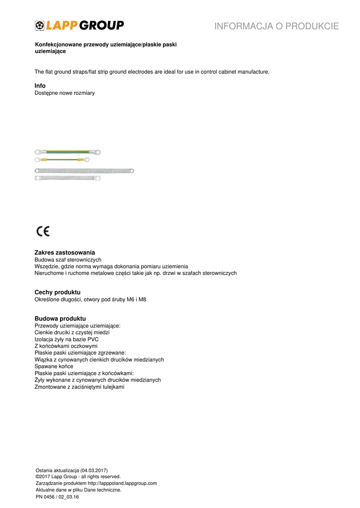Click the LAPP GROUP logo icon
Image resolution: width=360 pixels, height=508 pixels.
point(40,26)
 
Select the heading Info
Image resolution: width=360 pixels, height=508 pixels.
point(40,86)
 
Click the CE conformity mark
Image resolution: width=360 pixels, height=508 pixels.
point(43,231)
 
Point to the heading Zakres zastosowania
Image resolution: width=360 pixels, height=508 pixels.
point(65,253)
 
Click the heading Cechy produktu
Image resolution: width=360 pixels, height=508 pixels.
point(57,292)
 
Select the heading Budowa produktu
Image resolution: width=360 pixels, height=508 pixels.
point(60,318)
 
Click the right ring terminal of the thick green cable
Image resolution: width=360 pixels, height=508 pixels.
point(98,152)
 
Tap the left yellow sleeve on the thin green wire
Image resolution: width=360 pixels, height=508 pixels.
point(44,160)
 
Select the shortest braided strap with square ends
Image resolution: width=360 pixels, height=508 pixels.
point(68,178)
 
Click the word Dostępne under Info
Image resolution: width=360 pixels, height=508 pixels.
point(46,93)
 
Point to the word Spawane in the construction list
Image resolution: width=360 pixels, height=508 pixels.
point(46,366)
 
